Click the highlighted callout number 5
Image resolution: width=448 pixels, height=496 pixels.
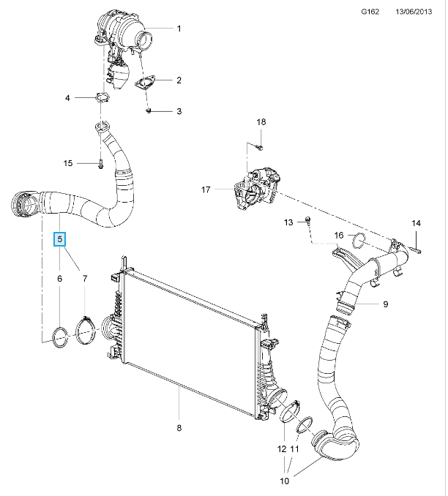(x=61, y=238)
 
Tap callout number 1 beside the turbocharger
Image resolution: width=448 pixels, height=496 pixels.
(x=179, y=29)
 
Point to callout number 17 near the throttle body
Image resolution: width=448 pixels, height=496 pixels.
(x=206, y=190)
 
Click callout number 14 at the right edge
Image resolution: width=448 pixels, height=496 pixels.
(x=416, y=222)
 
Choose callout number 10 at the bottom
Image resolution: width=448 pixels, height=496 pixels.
(x=285, y=481)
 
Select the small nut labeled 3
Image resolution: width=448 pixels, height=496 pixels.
(x=149, y=110)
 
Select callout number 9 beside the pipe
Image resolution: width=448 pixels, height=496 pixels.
(x=384, y=304)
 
